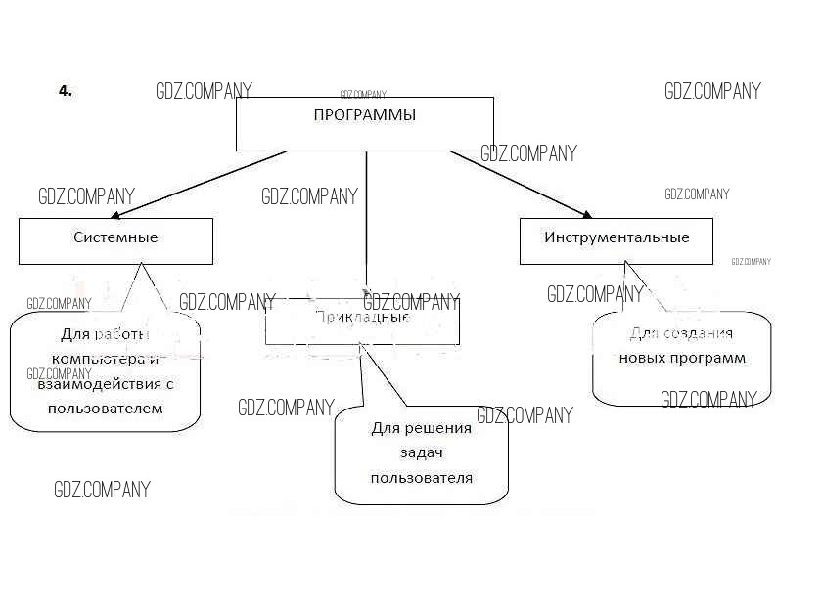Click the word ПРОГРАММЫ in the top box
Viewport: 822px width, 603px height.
pyautogui.click(x=364, y=115)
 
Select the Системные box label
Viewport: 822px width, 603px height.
pyautogui.click(x=115, y=237)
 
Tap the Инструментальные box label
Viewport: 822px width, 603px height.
pyautogui.click(x=616, y=237)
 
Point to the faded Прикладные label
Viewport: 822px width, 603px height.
pyautogui.click(x=363, y=317)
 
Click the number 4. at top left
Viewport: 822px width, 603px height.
pyautogui.click(x=66, y=91)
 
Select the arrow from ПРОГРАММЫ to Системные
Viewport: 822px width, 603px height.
pyautogui.click(x=196, y=184)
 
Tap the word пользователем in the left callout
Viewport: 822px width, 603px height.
pyautogui.click(x=106, y=409)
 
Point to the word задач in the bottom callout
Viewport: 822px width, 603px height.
pyautogui.click(x=422, y=453)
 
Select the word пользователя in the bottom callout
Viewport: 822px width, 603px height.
pyautogui.click(x=422, y=478)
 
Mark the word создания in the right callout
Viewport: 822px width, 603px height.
pyautogui.click(x=696, y=333)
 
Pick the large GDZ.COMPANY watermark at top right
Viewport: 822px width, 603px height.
pyautogui.click(x=712, y=91)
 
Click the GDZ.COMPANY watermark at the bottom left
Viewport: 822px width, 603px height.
pyautogui.click(x=103, y=490)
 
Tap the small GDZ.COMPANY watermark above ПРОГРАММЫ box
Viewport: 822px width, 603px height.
pyautogui.click(x=363, y=95)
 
